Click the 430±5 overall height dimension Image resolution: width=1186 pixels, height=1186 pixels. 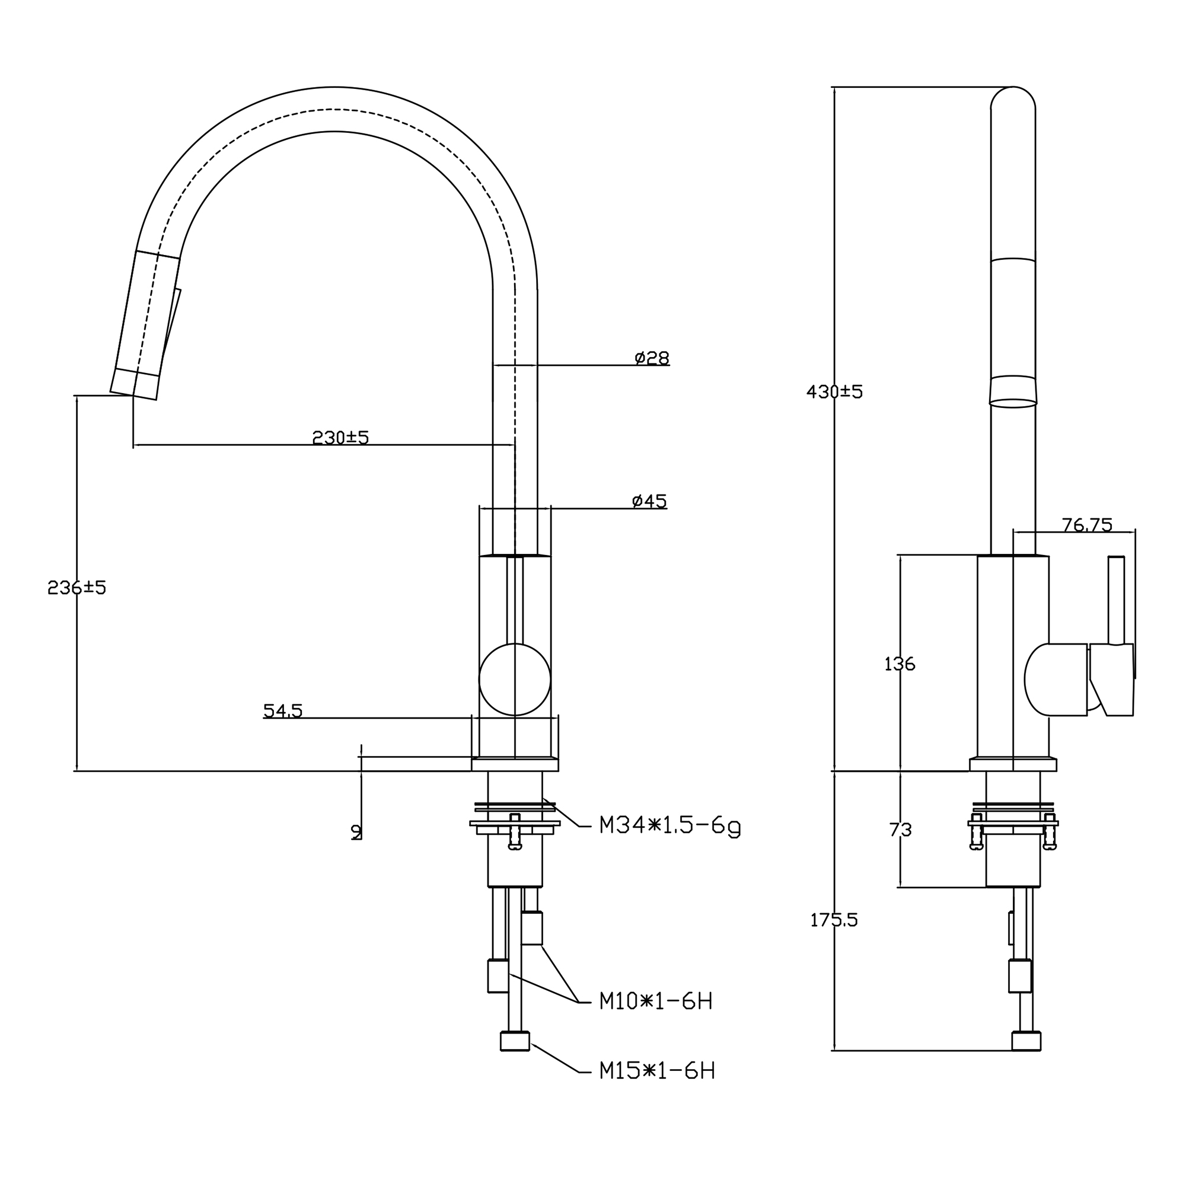(x=834, y=391)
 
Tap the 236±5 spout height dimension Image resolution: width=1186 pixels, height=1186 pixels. (x=76, y=588)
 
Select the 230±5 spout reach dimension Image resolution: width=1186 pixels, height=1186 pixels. (x=341, y=438)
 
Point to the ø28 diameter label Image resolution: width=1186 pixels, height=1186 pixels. (x=652, y=358)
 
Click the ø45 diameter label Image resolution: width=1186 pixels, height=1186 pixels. (x=649, y=502)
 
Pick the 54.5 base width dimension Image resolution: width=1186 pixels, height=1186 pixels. (x=283, y=710)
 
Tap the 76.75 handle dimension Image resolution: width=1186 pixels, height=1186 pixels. (x=1087, y=525)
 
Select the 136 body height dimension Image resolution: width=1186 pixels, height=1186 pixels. (x=900, y=664)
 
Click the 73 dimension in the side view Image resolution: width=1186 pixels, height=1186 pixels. (x=901, y=830)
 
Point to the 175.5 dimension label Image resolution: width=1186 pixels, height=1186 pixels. (x=834, y=920)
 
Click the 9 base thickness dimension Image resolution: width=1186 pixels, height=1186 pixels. (x=356, y=832)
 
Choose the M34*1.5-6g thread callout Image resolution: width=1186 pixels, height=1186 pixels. (x=670, y=825)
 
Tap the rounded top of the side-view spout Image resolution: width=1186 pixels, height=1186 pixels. (x=1013, y=97)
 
